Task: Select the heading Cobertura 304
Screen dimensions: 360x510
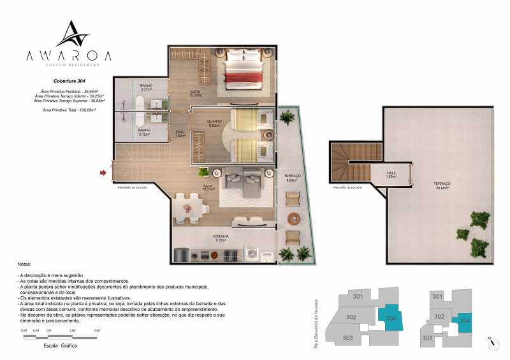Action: click(x=69, y=82)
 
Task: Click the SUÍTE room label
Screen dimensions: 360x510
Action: click(x=195, y=93)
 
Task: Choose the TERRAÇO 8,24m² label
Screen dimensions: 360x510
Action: click(x=292, y=178)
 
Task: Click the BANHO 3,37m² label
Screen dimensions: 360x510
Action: click(x=146, y=87)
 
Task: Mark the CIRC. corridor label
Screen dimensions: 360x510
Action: click(x=180, y=134)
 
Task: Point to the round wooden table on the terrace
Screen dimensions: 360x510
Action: click(x=294, y=219)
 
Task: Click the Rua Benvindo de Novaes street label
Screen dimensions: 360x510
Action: click(x=316, y=319)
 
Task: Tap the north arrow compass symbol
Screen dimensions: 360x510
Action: click(x=491, y=342)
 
